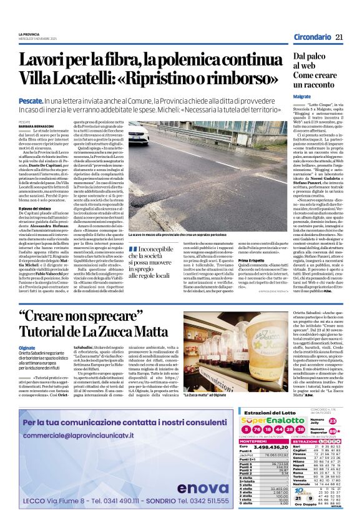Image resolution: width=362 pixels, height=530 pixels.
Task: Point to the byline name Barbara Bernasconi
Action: pyautogui.click(x=37, y=125)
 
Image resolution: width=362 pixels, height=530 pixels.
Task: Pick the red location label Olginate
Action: pyautogui.click(x=27, y=348)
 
